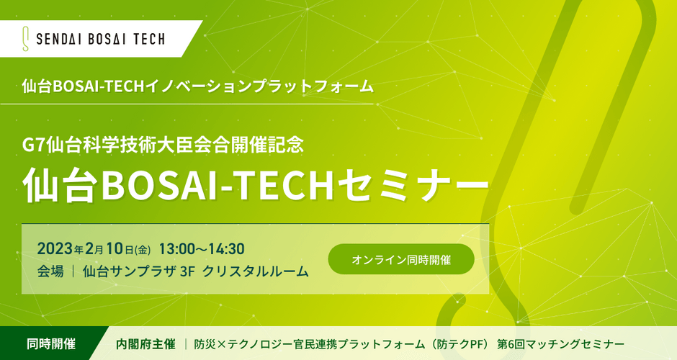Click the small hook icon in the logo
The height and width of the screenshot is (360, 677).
(25, 40)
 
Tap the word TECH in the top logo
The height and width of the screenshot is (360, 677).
(149, 40)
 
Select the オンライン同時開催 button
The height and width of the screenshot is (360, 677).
(401, 259)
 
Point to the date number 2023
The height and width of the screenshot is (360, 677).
(55, 249)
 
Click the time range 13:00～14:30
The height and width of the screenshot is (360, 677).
(202, 249)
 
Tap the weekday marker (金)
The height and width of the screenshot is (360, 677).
(143, 250)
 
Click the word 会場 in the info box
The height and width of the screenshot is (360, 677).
(50, 271)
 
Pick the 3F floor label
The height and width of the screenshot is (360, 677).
(188, 271)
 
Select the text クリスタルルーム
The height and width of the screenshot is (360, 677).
(256, 271)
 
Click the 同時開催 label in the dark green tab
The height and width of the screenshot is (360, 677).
(51, 344)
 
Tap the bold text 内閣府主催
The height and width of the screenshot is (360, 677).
(145, 344)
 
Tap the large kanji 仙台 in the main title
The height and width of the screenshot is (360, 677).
(60, 186)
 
